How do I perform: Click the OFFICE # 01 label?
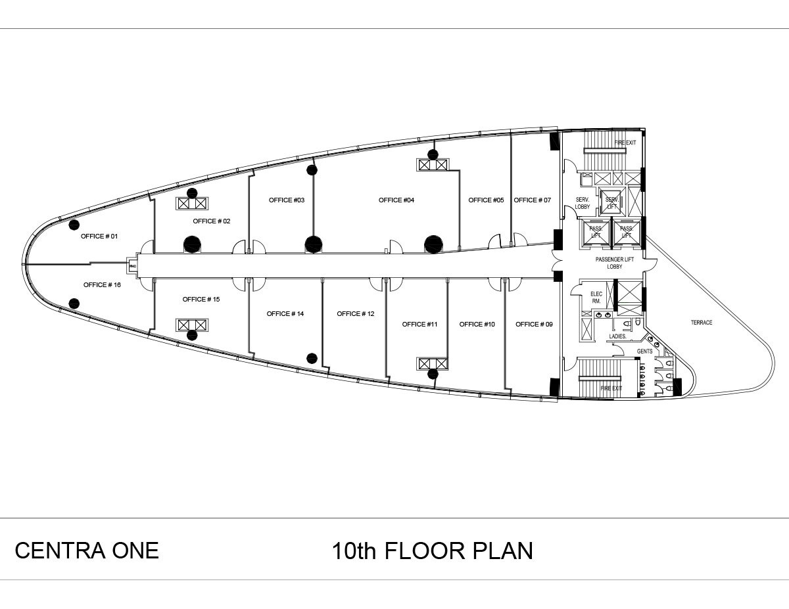pyautogui.click(x=99, y=236)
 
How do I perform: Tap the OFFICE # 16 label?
pyautogui.click(x=102, y=284)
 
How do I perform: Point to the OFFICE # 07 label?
pyautogui.click(x=532, y=200)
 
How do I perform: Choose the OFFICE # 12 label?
pyautogui.click(x=355, y=313)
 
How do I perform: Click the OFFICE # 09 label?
pyautogui.click(x=534, y=324)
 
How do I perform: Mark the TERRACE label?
pyautogui.click(x=701, y=323)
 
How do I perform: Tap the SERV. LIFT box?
pyautogui.click(x=612, y=203)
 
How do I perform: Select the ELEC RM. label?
pyautogui.click(x=596, y=297)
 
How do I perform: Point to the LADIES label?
pyautogui.click(x=617, y=336)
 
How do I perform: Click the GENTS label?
pyautogui.click(x=644, y=351)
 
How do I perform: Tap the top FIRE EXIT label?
pyautogui.click(x=625, y=143)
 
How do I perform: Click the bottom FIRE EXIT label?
pyautogui.click(x=611, y=388)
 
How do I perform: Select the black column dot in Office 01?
pyautogui.click(x=74, y=225)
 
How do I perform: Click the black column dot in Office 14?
pyautogui.click(x=312, y=358)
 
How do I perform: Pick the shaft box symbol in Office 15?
pyautogui.click(x=191, y=325)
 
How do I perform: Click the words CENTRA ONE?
pyautogui.click(x=87, y=550)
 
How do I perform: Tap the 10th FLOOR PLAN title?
pyautogui.click(x=432, y=551)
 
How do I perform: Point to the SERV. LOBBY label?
pyautogui.click(x=583, y=203)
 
